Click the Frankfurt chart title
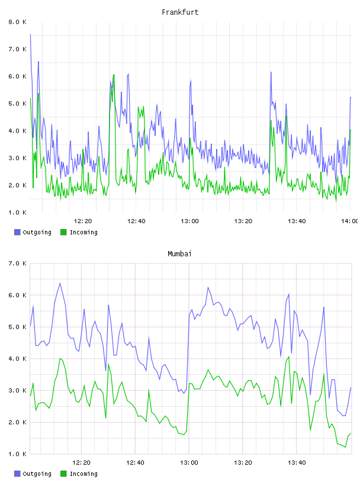tap(180, 12)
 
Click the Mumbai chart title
tap(179, 253)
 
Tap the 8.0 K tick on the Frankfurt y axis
tap(18, 22)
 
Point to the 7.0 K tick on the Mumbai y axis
tap(18, 263)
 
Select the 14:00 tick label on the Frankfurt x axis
tap(349, 221)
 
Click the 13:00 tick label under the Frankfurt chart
tap(189, 221)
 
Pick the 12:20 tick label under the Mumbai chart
tap(81, 462)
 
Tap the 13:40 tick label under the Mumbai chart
tap(297, 462)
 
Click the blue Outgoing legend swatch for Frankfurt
tap(17, 232)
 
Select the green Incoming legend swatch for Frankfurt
tap(63, 232)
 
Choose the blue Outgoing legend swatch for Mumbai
tap(17, 474)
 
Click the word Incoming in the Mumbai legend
tap(83, 474)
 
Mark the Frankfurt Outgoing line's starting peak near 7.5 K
tap(30, 34)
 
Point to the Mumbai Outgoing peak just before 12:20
tap(60, 283)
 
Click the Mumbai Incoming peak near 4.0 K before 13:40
tap(289, 357)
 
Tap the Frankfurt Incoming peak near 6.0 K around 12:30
tap(114, 75)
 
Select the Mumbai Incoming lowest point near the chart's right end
tap(345, 447)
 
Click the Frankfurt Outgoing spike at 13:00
tap(191, 80)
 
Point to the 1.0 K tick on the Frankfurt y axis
tap(18, 212)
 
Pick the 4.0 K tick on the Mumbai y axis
tap(18, 359)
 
